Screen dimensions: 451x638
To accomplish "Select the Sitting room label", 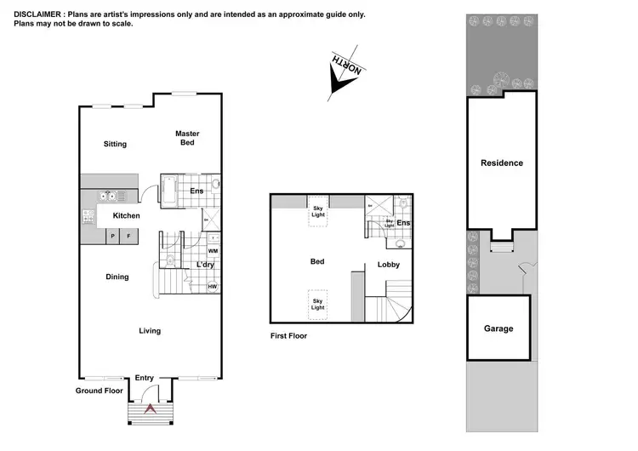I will point(115,145).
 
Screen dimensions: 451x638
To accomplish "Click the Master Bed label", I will point(187,138).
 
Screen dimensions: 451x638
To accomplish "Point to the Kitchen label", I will point(127,216).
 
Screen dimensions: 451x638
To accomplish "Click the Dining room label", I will point(117,277).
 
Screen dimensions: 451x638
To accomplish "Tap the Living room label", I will point(150,331).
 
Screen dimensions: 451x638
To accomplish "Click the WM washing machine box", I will point(213,251).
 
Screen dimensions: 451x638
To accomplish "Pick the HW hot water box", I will point(213,286).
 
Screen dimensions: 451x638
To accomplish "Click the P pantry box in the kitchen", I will point(112,236).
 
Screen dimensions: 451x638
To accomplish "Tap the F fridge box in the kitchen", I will point(129,236).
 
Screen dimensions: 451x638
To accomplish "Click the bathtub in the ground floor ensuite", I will point(168,191).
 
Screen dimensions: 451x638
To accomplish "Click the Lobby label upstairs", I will point(389,265).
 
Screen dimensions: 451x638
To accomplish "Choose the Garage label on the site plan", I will point(498,328).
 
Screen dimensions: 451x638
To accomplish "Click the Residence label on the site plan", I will point(502,163).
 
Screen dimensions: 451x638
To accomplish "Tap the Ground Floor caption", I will point(99,391).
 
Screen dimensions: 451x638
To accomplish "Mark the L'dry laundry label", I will point(205,265).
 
